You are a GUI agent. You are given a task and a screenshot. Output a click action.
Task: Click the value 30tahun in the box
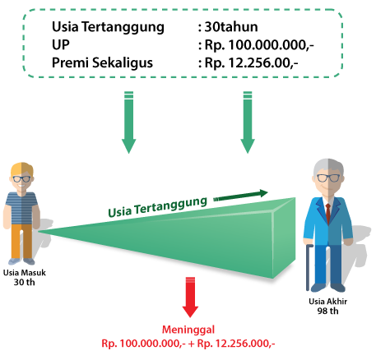(x=231, y=27)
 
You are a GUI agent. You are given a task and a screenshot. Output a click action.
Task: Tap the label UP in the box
(x=61, y=44)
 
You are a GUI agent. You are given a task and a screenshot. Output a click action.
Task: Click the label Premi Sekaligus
(x=102, y=62)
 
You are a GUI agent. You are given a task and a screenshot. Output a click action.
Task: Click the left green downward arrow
(x=128, y=122)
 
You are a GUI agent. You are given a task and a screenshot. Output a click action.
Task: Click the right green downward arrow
(x=248, y=122)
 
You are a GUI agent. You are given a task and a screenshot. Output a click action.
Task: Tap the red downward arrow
(x=190, y=298)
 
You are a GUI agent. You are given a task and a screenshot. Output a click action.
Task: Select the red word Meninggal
(x=188, y=330)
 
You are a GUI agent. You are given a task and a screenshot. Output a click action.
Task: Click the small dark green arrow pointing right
(x=241, y=195)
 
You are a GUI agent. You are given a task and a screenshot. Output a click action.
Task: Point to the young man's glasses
(x=21, y=179)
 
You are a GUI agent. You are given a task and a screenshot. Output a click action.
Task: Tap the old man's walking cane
(x=309, y=267)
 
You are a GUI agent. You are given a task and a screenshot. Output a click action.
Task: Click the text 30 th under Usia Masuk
(x=25, y=282)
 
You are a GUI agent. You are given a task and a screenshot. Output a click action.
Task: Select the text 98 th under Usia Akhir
(x=328, y=311)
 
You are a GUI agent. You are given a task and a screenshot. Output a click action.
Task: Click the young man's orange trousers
(x=21, y=241)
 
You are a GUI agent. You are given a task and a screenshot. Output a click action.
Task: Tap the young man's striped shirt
(x=21, y=208)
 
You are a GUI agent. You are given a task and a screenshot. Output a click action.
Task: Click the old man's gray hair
(x=328, y=166)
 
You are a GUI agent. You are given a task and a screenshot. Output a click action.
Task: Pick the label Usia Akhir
(x=328, y=302)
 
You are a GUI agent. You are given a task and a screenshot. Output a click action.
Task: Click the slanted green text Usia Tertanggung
(x=158, y=207)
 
